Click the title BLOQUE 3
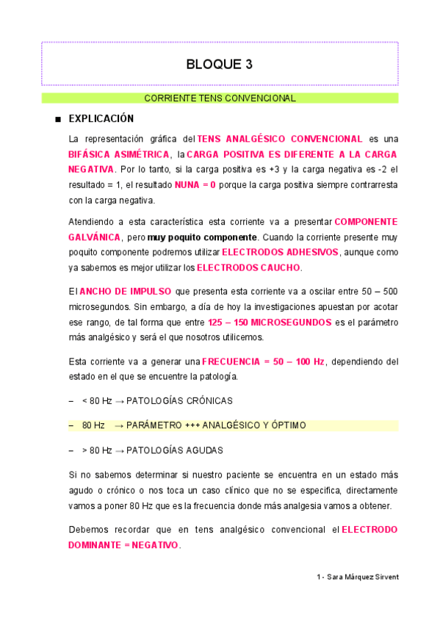point(220,64)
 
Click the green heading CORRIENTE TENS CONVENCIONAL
point(220,98)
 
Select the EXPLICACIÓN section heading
point(101,118)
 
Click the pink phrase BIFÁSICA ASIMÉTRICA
point(116,154)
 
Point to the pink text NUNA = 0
point(195,184)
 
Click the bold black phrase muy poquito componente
point(203,237)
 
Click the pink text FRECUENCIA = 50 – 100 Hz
point(263,361)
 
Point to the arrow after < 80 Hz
point(119,400)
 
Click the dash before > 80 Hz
point(71,450)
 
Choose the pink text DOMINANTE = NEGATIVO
point(123,545)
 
